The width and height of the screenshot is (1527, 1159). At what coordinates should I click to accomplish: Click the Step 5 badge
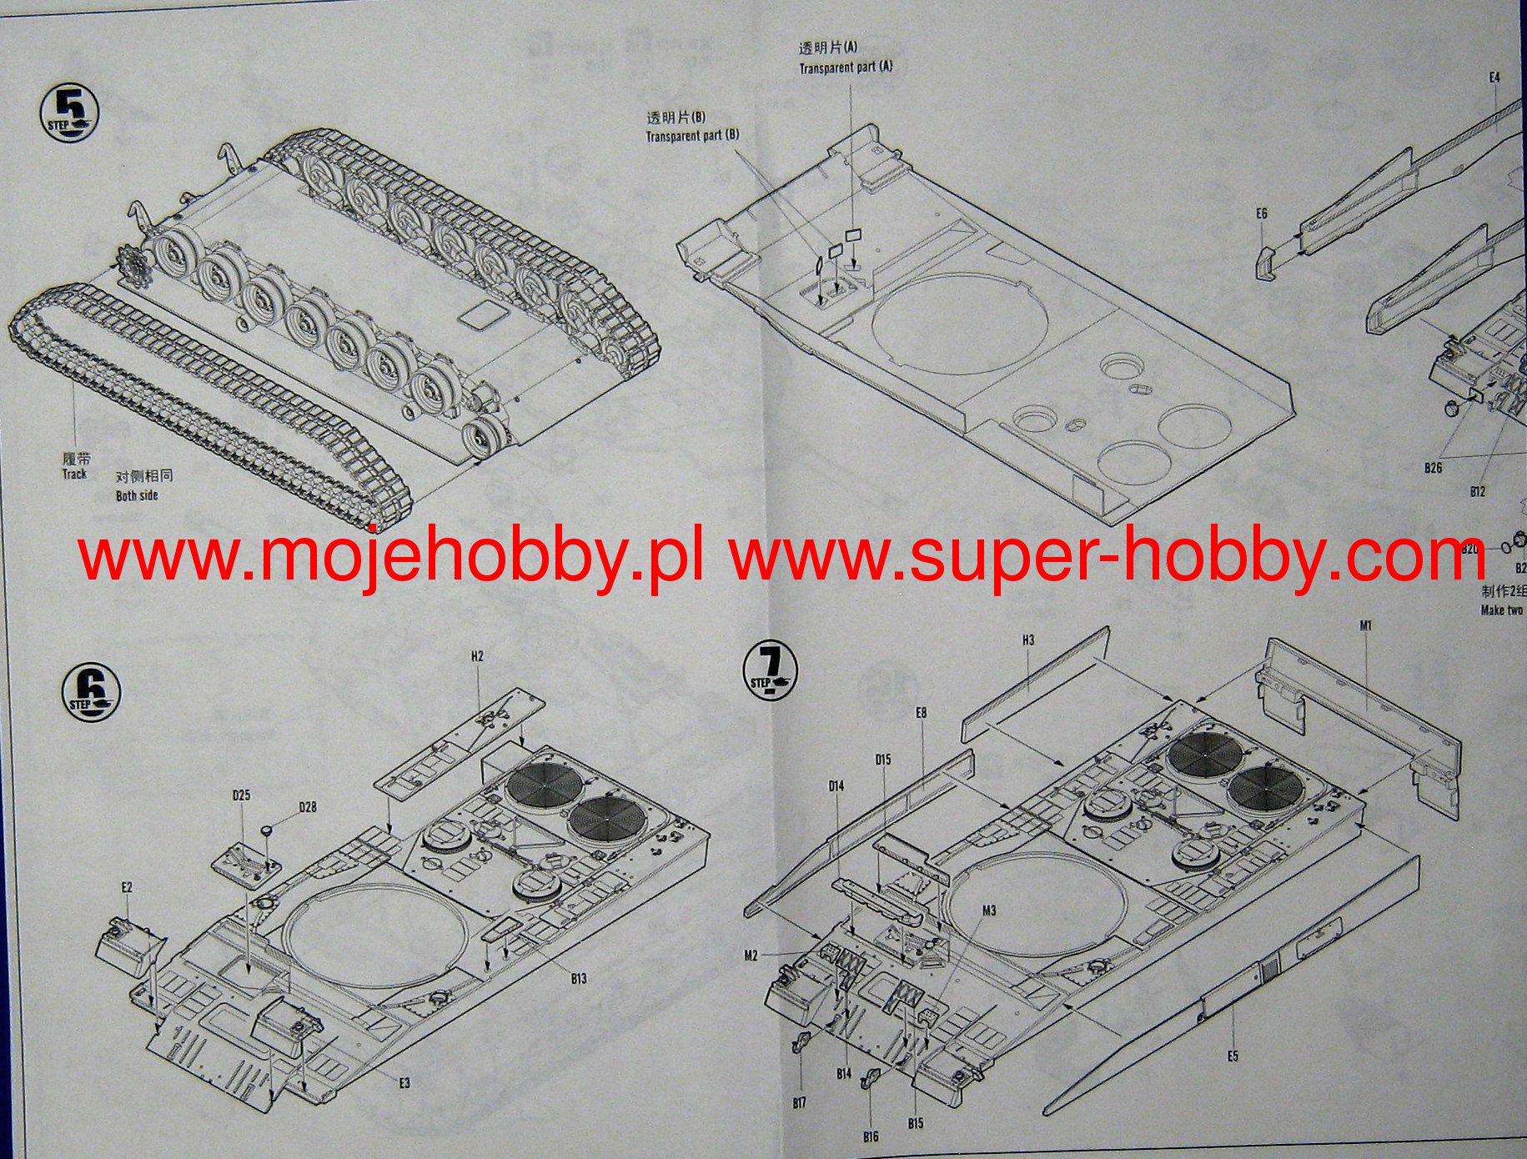(x=68, y=115)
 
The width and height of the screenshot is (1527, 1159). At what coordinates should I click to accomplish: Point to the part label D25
(x=241, y=795)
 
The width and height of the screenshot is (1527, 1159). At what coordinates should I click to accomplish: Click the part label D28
(x=308, y=807)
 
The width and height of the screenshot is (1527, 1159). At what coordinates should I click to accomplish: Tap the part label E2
(x=126, y=887)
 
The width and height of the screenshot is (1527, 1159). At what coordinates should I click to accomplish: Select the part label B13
(x=579, y=978)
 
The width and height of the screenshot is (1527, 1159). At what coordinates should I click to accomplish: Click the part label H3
(x=1028, y=640)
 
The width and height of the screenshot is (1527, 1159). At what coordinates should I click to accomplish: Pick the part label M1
(x=1366, y=625)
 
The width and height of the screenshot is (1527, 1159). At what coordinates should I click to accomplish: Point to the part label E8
(x=921, y=713)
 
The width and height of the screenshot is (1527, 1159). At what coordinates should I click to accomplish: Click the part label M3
(x=988, y=911)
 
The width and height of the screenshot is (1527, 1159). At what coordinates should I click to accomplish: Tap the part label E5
(x=1233, y=1056)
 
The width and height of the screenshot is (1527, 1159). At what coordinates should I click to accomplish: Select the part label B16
(x=871, y=1136)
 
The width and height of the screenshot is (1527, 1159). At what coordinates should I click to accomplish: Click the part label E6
(x=1261, y=214)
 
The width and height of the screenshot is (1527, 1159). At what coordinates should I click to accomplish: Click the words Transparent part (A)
(x=846, y=68)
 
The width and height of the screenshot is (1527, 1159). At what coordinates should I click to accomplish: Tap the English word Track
(x=74, y=474)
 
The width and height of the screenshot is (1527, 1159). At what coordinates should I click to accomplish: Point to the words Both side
(x=137, y=495)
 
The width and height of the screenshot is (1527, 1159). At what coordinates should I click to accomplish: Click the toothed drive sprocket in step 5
(x=133, y=266)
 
